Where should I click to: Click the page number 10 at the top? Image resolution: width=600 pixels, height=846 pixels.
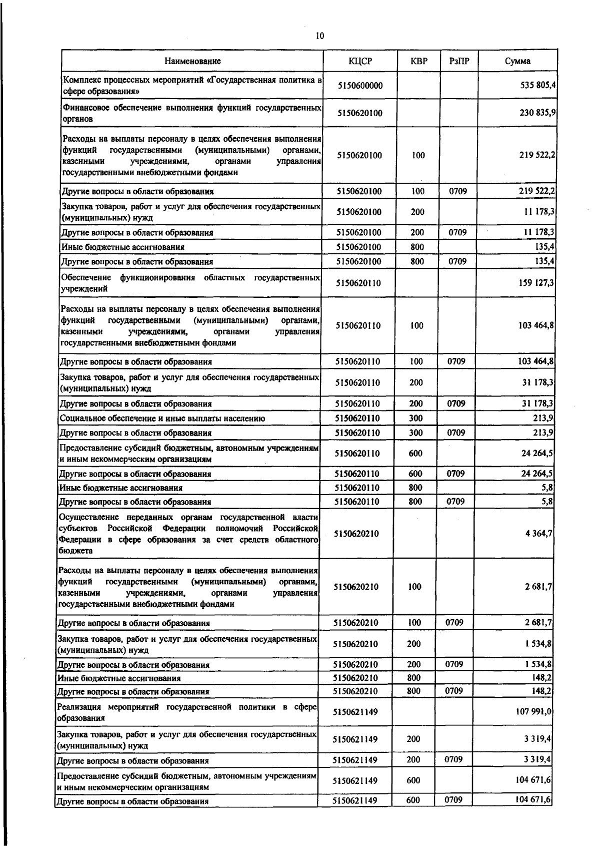(x=320, y=36)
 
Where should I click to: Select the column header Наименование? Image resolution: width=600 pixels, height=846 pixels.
(x=192, y=61)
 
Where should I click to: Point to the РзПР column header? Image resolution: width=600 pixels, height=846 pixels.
(x=458, y=61)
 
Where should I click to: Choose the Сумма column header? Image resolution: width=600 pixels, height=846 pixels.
(x=517, y=61)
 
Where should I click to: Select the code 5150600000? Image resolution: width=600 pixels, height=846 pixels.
(x=360, y=86)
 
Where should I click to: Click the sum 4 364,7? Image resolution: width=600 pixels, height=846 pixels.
(x=538, y=534)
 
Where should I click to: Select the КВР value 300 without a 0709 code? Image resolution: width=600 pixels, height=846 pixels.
(x=415, y=418)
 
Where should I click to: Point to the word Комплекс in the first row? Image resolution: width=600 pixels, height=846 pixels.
(x=82, y=80)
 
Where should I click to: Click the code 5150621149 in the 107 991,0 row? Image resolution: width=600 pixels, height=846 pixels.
(x=355, y=712)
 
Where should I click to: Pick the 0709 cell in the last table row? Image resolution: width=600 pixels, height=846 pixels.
(x=453, y=800)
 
